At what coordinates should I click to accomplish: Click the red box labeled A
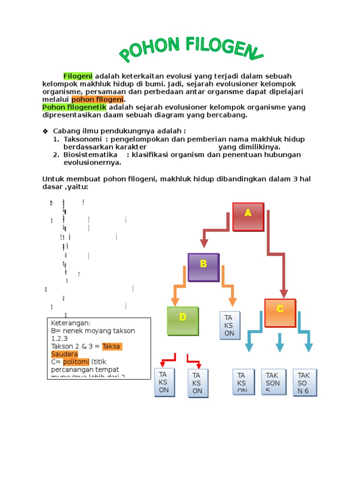pyautogui.click(x=248, y=216)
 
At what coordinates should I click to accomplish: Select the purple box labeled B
pyautogui.click(x=203, y=267)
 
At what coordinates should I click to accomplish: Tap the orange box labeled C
pyautogui.click(x=280, y=313)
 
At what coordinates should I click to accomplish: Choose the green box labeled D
pyautogui.click(x=183, y=321)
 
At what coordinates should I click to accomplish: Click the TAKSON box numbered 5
pyautogui.click(x=273, y=382)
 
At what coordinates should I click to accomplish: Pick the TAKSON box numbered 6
pyautogui.click(x=305, y=382)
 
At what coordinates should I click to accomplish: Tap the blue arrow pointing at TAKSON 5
pyautogui.click(x=280, y=343)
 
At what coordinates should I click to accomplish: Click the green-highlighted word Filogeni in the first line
pyautogui.click(x=78, y=76)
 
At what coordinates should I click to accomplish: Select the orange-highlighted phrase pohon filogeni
pyautogui.click(x=97, y=99)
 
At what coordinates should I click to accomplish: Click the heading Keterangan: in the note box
pyautogui.click(x=71, y=323)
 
